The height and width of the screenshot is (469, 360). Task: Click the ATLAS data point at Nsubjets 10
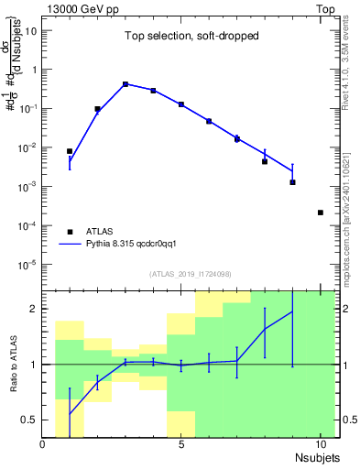click(x=320, y=213)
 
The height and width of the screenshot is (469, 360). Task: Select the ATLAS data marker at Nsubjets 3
click(x=125, y=84)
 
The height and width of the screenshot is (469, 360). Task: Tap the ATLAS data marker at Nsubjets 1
click(x=70, y=151)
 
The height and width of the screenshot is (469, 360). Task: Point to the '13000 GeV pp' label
click(x=81, y=7)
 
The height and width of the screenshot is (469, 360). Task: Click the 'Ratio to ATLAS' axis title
click(x=12, y=364)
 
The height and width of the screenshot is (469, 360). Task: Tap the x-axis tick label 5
click(x=181, y=444)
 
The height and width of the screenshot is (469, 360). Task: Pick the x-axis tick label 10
click(x=320, y=444)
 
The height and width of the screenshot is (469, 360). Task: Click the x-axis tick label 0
click(x=43, y=444)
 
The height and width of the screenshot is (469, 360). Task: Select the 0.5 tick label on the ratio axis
click(x=28, y=420)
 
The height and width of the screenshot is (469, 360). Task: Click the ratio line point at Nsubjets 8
click(x=265, y=329)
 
